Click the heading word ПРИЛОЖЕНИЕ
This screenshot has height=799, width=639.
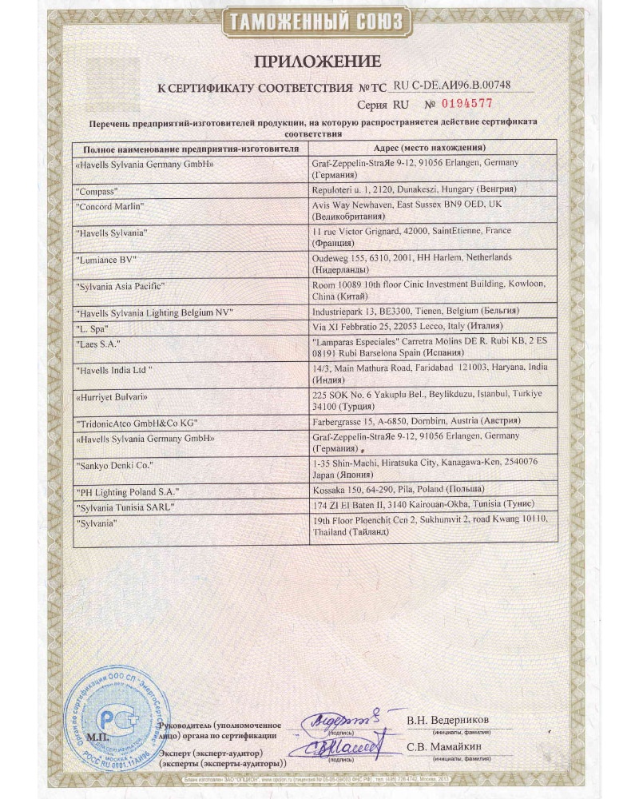click(318, 61)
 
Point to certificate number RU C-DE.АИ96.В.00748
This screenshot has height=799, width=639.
click(451, 85)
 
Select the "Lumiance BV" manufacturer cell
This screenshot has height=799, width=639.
click(106, 260)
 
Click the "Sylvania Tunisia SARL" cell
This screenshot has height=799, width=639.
click(124, 507)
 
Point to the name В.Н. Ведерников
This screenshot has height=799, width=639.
click(448, 721)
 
